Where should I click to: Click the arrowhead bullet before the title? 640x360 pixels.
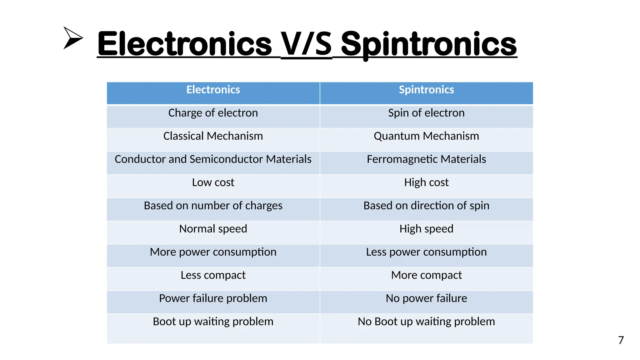[72, 38]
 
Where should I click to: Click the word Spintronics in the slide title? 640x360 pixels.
[429, 44]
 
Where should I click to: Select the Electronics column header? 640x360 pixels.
[213, 90]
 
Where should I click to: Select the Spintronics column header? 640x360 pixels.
[426, 90]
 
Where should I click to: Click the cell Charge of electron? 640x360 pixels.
[213, 113]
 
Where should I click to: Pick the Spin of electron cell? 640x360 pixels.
[426, 113]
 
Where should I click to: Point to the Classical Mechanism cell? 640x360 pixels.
[213, 136]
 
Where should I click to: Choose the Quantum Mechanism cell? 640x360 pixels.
[426, 136]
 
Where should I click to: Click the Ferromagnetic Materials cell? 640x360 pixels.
[426, 159]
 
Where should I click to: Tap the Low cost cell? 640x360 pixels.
[213, 182]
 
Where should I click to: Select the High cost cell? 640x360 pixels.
[426, 182]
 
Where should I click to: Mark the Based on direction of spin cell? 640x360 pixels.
[426, 206]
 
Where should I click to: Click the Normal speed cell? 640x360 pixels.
[213, 229]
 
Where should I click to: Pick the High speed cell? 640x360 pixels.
[426, 229]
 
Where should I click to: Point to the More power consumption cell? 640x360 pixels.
[213, 252]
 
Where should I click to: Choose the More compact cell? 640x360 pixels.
[426, 275]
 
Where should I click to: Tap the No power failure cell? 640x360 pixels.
[426, 298]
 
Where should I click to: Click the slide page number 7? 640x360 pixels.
[621, 340]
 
